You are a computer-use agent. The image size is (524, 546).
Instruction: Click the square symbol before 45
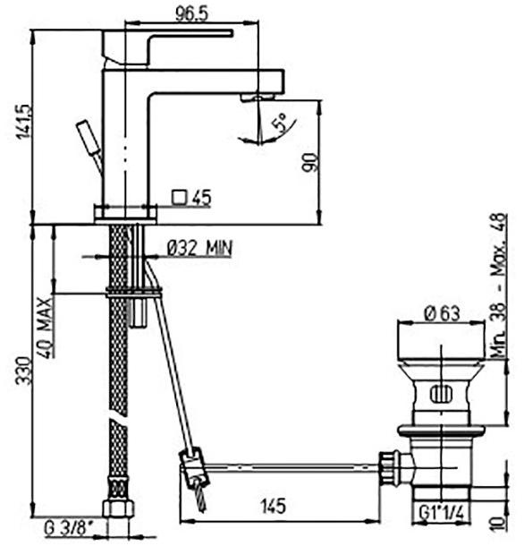coord(179,198)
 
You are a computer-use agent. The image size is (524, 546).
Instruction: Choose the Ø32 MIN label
coord(198,247)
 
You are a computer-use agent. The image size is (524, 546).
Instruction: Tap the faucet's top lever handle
coord(170,38)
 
